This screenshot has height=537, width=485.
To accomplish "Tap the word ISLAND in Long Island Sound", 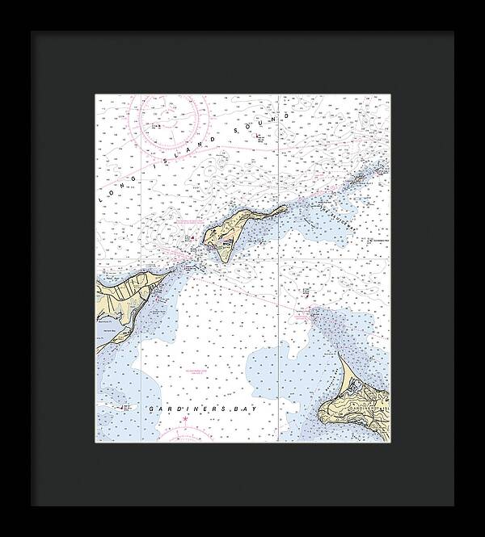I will click(164, 161).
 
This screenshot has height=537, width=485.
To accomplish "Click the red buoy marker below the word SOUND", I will click(259, 137).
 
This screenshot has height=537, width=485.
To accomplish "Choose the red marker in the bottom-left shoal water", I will click(123, 409).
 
